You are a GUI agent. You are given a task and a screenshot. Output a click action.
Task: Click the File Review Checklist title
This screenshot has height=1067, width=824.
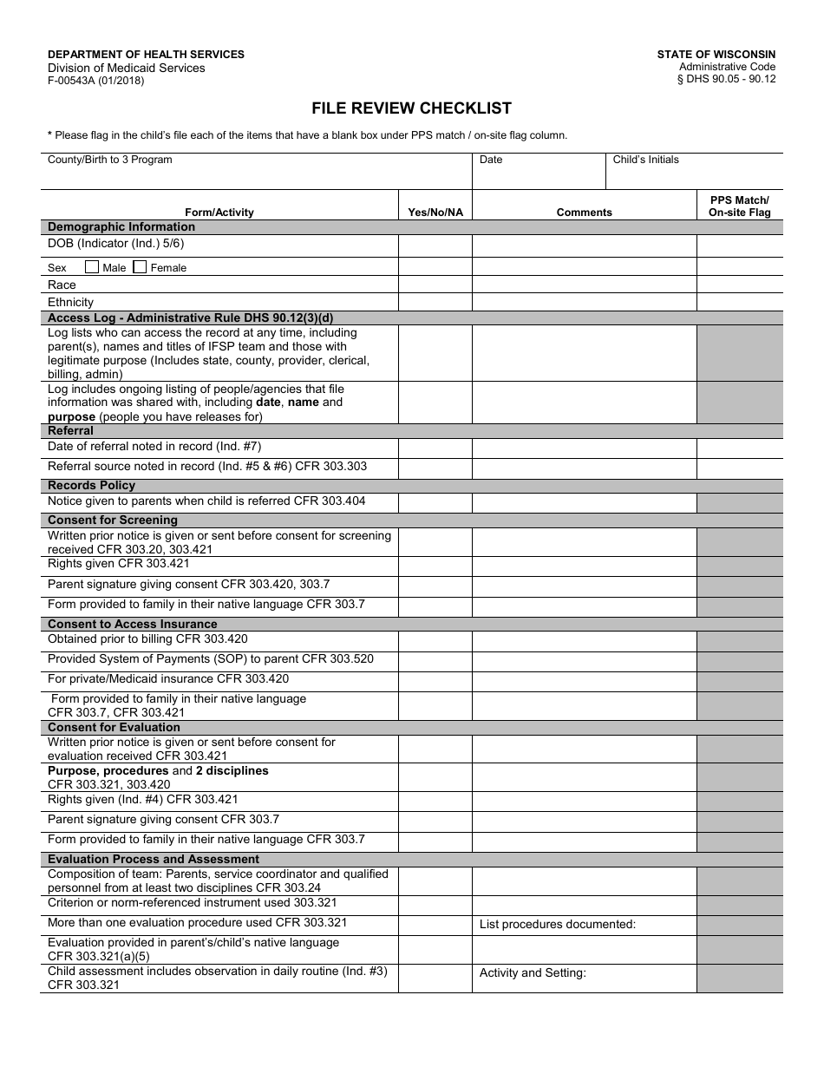[x=411, y=108]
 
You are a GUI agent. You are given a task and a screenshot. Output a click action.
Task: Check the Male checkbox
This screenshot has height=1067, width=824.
[x=92, y=267]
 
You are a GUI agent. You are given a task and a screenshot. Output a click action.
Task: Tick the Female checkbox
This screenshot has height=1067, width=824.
[x=140, y=267]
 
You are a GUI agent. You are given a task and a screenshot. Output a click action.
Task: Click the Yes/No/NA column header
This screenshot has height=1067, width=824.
[x=435, y=213]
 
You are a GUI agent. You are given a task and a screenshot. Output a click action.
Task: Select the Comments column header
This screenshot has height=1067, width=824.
[x=584, y=213]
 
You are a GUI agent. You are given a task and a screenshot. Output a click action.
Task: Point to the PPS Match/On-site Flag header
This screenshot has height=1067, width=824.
[x=739, y=206]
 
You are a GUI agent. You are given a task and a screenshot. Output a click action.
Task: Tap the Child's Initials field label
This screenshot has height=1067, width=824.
[x=645, y=160]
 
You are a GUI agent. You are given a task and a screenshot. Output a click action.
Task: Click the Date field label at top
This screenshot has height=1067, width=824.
[x=491, y=160]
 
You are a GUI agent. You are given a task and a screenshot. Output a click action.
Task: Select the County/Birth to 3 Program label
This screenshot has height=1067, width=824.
[x=109, y=160]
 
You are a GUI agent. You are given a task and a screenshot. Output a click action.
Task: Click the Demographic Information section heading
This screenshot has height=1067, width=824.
[x=121, y=227]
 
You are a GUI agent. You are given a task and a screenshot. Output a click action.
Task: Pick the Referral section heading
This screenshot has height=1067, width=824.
[x=70, y=431]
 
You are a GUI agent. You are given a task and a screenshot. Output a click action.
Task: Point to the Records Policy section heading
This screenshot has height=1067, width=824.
[x=91, y=486]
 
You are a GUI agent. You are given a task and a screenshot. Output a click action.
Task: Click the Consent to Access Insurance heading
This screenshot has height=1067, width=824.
[x=133, y=624]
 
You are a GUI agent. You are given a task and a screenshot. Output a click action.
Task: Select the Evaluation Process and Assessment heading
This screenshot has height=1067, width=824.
[x=154, y=860]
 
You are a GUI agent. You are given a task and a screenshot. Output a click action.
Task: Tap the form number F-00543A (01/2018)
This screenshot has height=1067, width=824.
[x=95, y=81]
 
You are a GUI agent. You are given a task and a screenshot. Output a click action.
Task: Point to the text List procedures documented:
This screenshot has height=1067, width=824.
[x=558, y=925]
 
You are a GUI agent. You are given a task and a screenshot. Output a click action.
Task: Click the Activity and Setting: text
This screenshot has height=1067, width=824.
[x=533, y=973]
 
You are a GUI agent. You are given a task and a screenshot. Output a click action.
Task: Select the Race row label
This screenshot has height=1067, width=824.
[x=62, y=285]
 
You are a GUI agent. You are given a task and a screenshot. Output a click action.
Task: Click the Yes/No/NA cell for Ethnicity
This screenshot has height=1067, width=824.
[x=435, y=303]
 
